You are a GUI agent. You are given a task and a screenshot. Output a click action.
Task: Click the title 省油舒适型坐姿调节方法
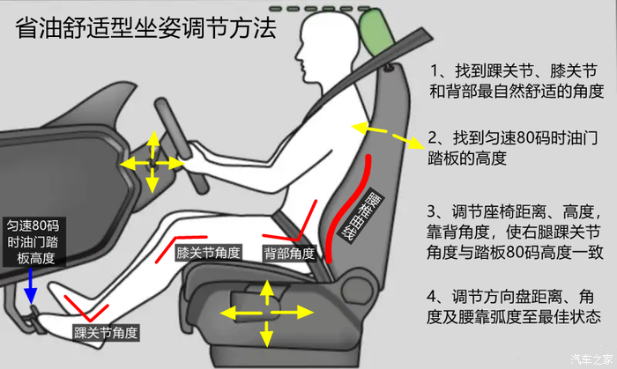[145, 28]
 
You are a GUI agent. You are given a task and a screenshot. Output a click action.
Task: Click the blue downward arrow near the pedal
[30, 285]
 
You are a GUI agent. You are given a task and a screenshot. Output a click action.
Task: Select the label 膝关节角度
[208, 252]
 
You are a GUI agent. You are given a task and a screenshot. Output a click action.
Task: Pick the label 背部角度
[289, 254]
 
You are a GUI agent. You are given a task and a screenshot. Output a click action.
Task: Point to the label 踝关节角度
[106, 333]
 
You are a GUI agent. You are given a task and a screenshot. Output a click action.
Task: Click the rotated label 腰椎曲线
[361, 217]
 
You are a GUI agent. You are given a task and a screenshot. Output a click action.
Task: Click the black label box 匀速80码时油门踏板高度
[33, 242]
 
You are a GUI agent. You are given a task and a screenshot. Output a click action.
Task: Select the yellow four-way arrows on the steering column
[152, 162]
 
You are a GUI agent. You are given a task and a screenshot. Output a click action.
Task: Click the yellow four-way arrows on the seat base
[267, 314]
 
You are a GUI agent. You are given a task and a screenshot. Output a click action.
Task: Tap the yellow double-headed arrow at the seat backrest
[388, 135]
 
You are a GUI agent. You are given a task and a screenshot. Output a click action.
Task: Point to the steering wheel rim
[181, 145]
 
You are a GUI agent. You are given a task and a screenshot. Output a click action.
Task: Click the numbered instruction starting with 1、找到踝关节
[517, 81]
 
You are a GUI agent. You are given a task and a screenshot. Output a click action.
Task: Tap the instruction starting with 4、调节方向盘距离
[514, 306]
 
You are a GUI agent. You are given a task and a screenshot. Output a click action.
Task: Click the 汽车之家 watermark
[591, 358]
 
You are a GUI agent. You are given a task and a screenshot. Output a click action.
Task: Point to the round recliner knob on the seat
[357, 289]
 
